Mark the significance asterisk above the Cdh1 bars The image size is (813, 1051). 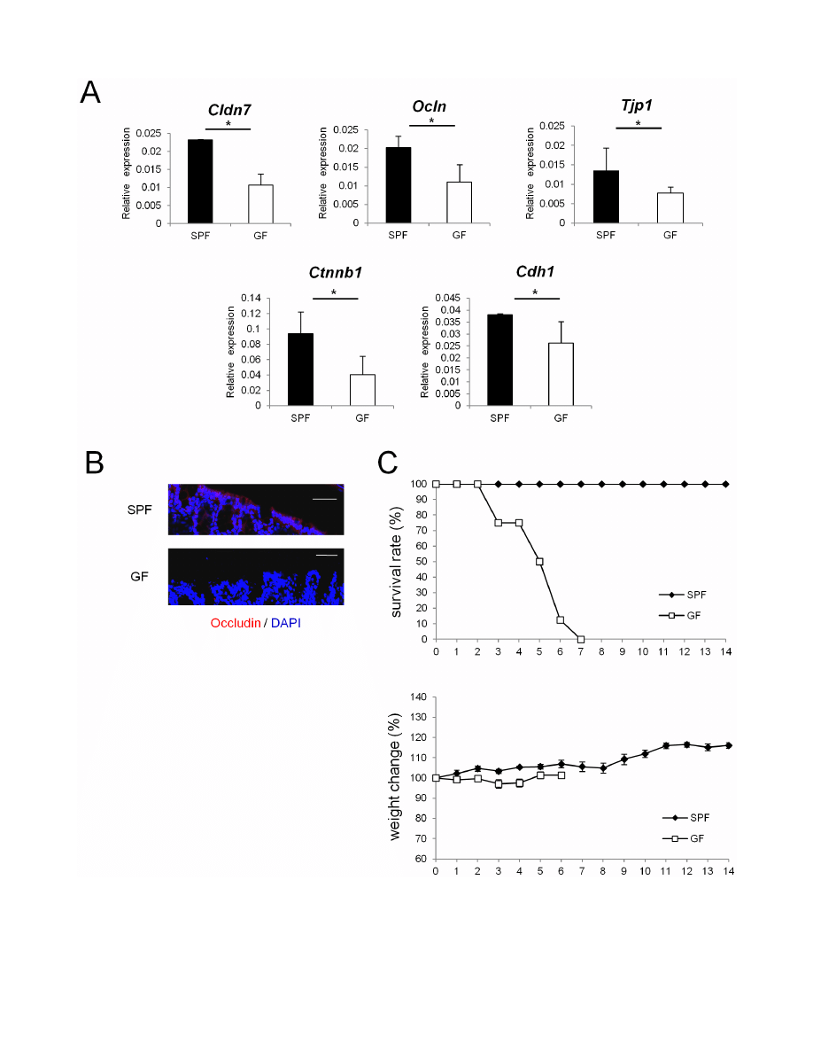tap(535, 292)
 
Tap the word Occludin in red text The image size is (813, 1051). tap(236, 623)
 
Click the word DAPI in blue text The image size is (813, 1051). tap(285, 623)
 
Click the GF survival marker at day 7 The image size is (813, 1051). tap(581, 639)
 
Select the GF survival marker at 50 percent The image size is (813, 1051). tap(539, 562)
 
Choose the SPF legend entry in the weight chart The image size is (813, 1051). tap(686, 819)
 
